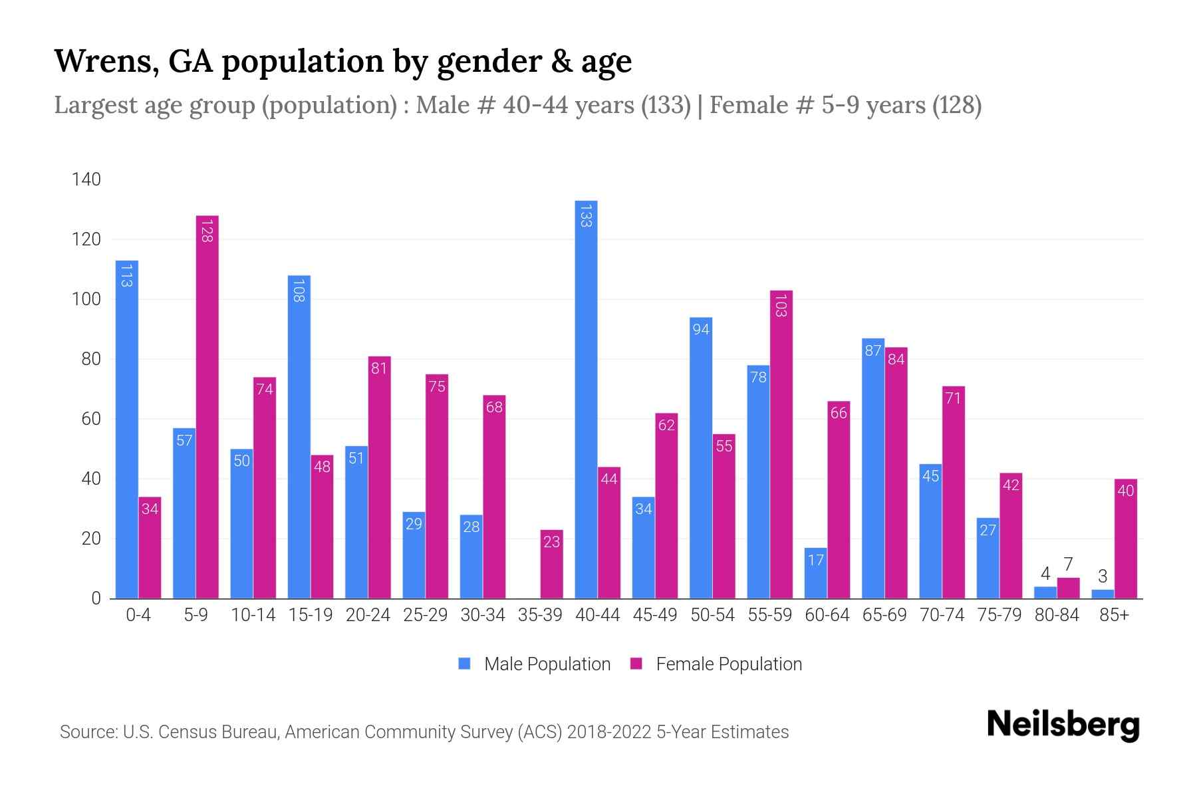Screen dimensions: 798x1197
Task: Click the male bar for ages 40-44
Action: pos(586,399)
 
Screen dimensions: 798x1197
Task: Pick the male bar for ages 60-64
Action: pos(815,573)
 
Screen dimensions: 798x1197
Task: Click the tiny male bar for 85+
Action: pos(1102,594)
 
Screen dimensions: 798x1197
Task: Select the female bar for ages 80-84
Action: pos(1068,589)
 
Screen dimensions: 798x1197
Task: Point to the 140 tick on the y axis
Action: pos(86,180)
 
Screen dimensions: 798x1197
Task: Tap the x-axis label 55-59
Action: pos(769,615)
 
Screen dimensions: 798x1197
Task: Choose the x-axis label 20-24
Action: pos(368,615)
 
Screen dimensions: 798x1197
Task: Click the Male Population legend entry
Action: pos(535,664)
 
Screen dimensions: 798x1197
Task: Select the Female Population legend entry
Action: pos(716,664)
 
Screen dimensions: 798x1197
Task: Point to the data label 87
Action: pos(872,350)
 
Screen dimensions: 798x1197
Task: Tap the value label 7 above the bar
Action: pos(1068,565)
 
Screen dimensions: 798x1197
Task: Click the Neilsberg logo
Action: pos(1063,725)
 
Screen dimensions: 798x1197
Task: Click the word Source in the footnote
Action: pos(86,732)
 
